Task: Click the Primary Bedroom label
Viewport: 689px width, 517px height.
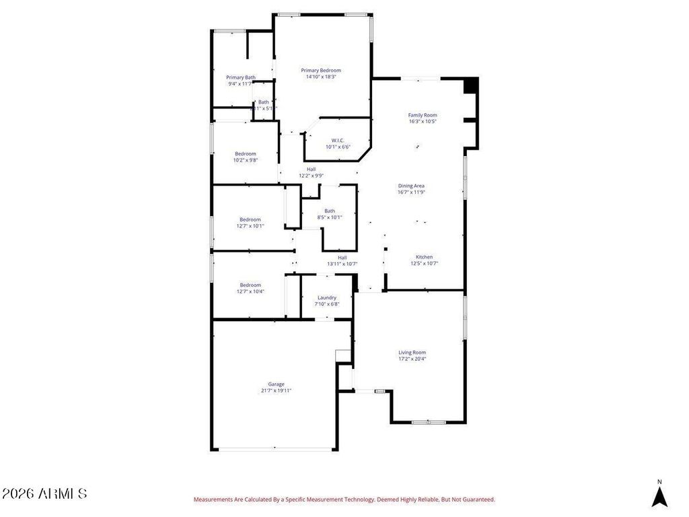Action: [x=321, y=70]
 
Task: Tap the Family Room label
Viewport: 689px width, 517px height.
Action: [x=423, y=115]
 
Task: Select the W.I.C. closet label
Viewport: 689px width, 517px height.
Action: [x=338, y=140]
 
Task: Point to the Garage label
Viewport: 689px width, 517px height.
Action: [x=276, y=384]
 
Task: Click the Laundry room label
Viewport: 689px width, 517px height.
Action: [x=327, y=298]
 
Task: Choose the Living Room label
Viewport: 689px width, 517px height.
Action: [x=412, y=352]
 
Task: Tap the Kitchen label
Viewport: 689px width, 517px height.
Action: [x=424, y=257]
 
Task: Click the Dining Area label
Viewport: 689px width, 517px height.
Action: [x=411, y=186]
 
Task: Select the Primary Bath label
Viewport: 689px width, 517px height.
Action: [x=240, y=77]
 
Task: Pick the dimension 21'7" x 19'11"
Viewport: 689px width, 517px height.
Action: [x=276, y=390]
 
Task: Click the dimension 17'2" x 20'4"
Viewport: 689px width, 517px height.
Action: [x=412, y=359]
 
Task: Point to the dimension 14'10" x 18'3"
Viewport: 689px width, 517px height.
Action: [x=321, y=77]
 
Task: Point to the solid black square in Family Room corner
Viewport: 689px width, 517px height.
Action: [x=471, y=85]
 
